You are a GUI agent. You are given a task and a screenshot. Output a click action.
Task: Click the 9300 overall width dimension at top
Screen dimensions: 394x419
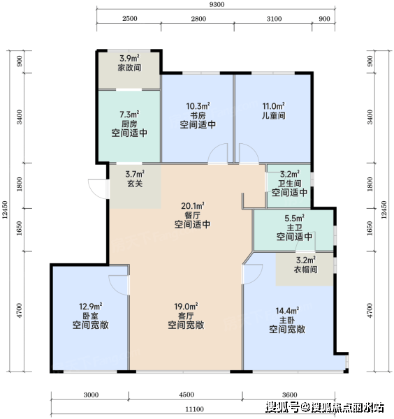(217, 5)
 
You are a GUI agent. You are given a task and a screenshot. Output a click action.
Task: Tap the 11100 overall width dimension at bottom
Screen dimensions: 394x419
(195, 409)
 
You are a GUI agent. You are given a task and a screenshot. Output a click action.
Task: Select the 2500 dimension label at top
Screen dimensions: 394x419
(130, 18)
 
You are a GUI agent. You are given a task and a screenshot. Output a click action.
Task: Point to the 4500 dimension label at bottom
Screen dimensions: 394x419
(187, 395)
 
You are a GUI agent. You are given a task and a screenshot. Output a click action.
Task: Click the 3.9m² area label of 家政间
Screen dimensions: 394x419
(129, 58)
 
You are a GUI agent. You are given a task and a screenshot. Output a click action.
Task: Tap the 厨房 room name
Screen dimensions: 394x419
(129, 124)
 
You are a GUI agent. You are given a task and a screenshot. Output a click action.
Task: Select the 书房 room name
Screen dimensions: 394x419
(198, 115)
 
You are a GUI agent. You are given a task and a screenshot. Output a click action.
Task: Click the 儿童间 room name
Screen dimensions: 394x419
(273, 115)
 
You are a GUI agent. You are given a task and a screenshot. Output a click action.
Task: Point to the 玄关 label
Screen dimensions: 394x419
(135, 183)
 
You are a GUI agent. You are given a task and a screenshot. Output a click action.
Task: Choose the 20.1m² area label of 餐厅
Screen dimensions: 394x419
(193, 206)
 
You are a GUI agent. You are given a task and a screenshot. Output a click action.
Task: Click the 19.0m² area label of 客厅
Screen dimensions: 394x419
(186, 307)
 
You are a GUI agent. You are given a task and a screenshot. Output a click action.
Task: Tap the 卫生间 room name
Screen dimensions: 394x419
(290, 183)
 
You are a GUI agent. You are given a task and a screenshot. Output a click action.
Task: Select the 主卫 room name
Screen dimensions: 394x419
(294, 228)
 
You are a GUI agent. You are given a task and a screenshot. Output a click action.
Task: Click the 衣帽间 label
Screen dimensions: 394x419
(306, 269)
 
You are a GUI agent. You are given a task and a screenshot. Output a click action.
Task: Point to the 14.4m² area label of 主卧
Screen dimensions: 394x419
(287, 311)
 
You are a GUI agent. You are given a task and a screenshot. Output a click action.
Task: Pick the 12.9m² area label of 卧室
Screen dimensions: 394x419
(91, 307)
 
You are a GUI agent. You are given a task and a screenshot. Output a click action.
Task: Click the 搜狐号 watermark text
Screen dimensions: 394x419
(282, 407)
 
